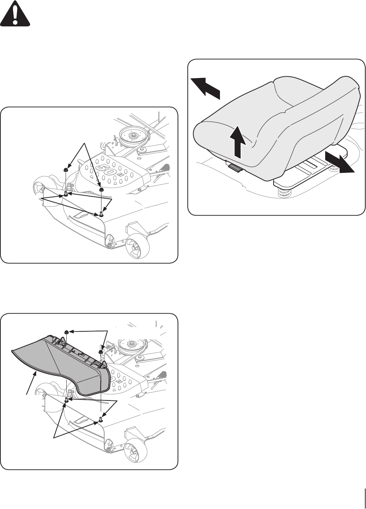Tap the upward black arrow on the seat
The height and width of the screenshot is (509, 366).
237,141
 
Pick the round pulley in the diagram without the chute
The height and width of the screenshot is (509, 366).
132,136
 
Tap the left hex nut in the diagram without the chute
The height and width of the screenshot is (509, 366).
65,169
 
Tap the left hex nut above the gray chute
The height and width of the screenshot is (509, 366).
67,332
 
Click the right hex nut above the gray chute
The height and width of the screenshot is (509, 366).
101,352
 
